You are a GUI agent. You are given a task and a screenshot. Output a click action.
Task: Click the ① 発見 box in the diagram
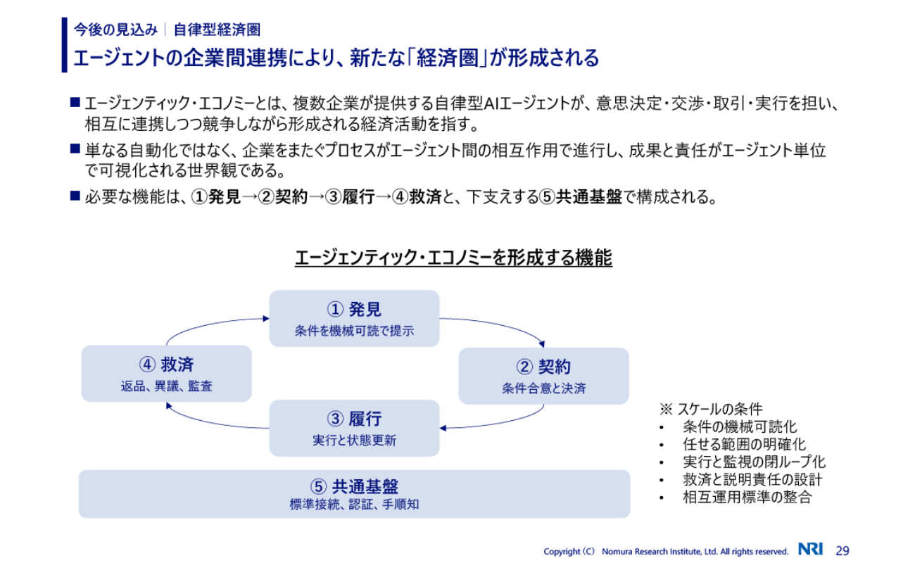354,318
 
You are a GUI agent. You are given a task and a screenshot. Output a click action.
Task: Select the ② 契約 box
543,376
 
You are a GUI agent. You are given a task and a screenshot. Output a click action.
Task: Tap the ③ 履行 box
354,428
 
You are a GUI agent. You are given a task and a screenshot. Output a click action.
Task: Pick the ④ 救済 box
166,373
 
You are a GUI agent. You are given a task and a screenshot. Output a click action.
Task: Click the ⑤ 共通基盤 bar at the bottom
354,494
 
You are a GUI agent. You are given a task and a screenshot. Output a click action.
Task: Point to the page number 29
843,550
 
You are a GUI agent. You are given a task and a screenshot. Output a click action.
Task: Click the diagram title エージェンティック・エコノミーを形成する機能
453,258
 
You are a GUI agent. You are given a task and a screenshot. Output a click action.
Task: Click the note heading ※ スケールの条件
711,409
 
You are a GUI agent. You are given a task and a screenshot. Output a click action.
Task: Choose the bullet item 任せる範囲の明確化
744,444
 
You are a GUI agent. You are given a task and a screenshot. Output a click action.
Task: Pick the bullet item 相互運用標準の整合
747,498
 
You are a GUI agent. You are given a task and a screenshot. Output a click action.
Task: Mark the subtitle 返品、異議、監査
166,386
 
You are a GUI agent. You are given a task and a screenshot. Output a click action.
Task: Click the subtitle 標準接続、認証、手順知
354,505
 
